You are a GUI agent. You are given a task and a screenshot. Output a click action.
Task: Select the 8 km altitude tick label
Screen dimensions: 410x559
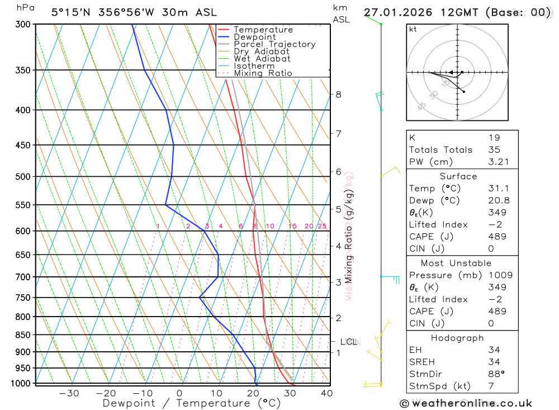click(x=338, y=95)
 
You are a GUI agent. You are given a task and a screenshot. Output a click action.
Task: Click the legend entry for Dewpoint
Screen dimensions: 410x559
click(x=254, y=37)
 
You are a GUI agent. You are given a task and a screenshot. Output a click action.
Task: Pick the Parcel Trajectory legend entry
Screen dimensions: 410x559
click(x=274, y=44)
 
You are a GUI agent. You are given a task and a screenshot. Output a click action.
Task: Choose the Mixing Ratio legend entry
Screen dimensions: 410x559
click(x=263, y=73)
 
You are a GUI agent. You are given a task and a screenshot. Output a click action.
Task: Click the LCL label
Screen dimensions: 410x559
click(x=348, y=342)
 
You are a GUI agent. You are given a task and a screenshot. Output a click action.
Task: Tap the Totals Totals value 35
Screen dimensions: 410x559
click(x=494, y=150)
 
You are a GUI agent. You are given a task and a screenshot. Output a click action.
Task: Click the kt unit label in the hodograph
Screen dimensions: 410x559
click(x=413, y=30)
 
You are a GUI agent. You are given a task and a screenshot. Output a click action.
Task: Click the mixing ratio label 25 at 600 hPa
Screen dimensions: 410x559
click(x=322, y=226)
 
